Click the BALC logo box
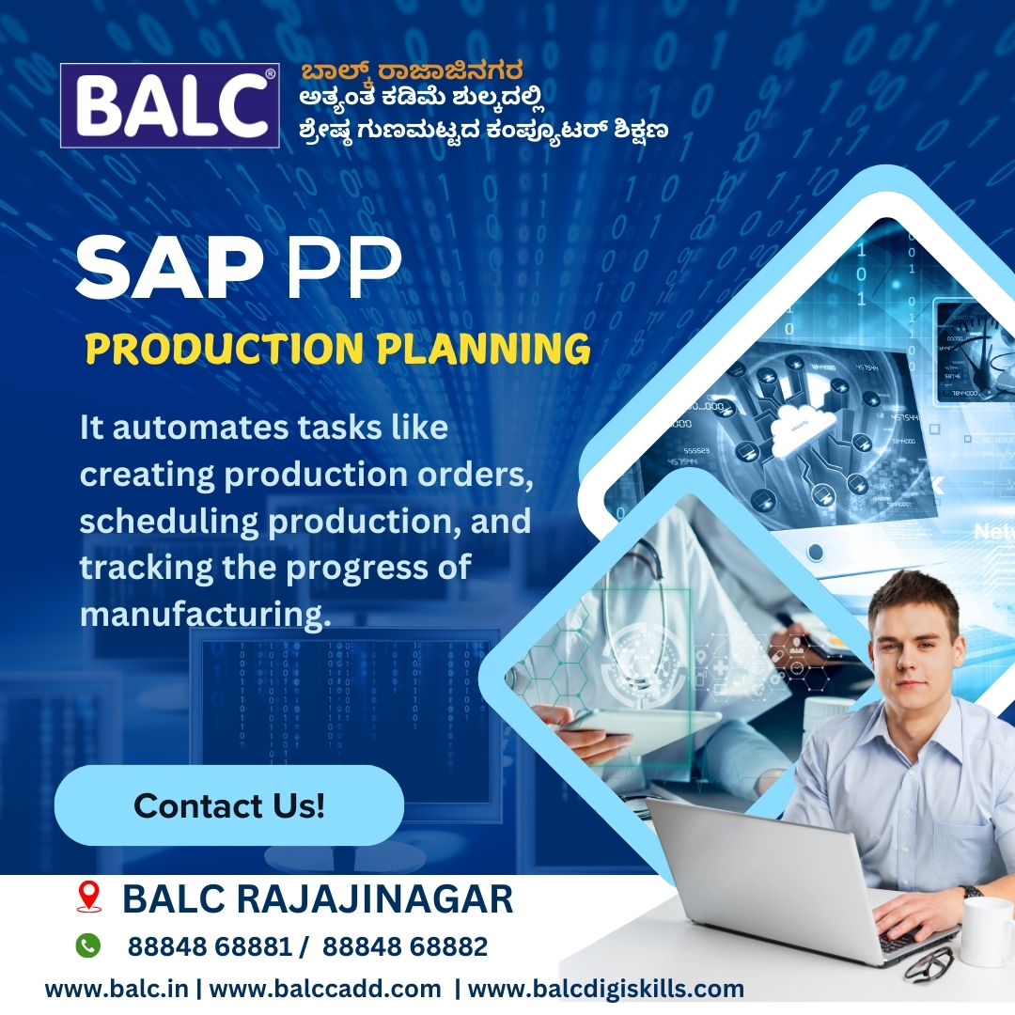coord(169,105)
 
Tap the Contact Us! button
coord(229,805)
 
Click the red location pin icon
coord(88,898)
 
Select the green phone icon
coord(88,945)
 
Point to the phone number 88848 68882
coord(404,946)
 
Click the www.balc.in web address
coord(117,989)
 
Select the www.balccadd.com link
coord(325,989)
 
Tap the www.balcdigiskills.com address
coord(606,989)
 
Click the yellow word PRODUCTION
coord(225,349)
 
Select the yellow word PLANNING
coord(484,349)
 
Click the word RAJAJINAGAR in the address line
coord(374,898)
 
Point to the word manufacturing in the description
coord(205,614)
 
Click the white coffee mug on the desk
coord(988,930)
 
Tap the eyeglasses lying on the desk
coord(927,964)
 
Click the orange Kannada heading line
coord(413,70)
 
